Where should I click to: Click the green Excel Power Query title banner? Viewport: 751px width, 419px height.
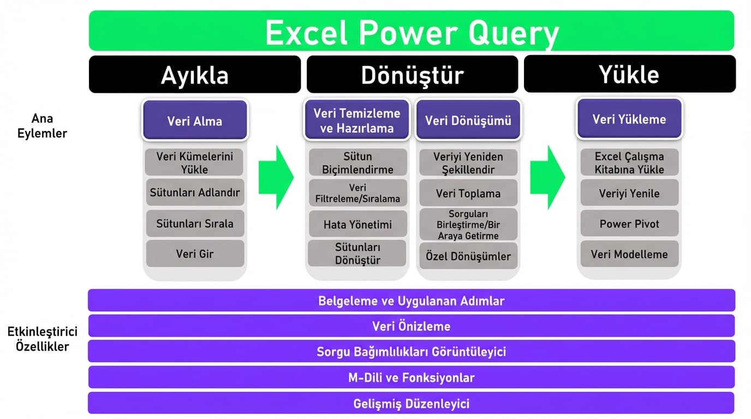click(x=412, y=31)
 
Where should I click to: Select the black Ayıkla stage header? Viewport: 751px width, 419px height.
click(x=195, y=74)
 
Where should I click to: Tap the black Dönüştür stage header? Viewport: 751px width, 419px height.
click(x=412, y=74)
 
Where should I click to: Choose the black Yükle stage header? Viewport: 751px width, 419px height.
click(x=629, y=74)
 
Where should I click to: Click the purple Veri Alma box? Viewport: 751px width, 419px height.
click(x=195, y=120)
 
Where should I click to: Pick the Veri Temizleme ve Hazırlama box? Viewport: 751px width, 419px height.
click(x=357, y=120)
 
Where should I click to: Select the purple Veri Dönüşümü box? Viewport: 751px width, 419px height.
click(x=468, y=120)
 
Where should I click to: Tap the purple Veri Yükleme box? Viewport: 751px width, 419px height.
click(x=629, y=119)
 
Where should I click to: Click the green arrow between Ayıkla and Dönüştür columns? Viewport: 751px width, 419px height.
click(x=276, y=177)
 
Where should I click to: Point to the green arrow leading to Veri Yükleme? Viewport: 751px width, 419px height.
click(x=547, y=177)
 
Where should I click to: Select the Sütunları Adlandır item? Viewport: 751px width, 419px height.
click(x=195, y=193)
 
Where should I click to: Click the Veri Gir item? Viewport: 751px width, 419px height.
click(x=195, y=254)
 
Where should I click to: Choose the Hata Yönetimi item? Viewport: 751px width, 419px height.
click(x=357, y=224)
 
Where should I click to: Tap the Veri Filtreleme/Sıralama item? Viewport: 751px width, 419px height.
click(x=357, y=193)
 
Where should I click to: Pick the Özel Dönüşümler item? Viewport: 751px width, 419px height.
click(x=468, y=256)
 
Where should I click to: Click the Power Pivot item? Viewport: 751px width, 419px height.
click(x=629, y=224)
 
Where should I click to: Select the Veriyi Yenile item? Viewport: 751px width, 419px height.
click(x=629, y=193)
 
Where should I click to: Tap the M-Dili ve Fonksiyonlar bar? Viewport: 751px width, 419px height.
click(x=412, y=378)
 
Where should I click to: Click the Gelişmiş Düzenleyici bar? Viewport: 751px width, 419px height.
click(x=412, y=404)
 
